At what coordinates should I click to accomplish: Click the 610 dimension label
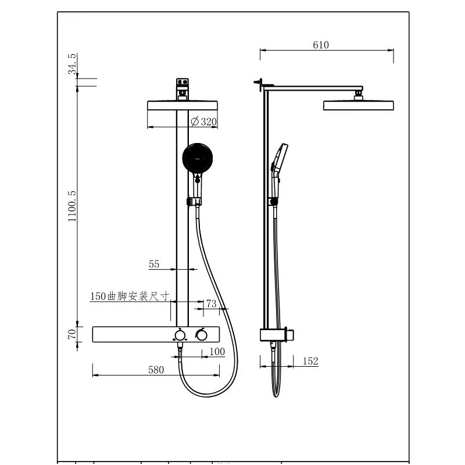(321, 45)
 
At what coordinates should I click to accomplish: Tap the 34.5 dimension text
(72, 64)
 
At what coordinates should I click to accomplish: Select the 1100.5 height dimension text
(72, 206)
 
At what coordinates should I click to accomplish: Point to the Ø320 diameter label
(204, 121)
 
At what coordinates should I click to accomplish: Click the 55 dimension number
(154, 264)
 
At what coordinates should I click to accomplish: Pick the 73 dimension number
(212, 303)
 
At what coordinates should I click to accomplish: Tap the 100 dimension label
(217, 352)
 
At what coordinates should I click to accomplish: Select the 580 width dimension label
(156, 370)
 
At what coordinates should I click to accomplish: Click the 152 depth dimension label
(310, 361)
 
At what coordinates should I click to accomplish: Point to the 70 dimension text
(72, 334)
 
